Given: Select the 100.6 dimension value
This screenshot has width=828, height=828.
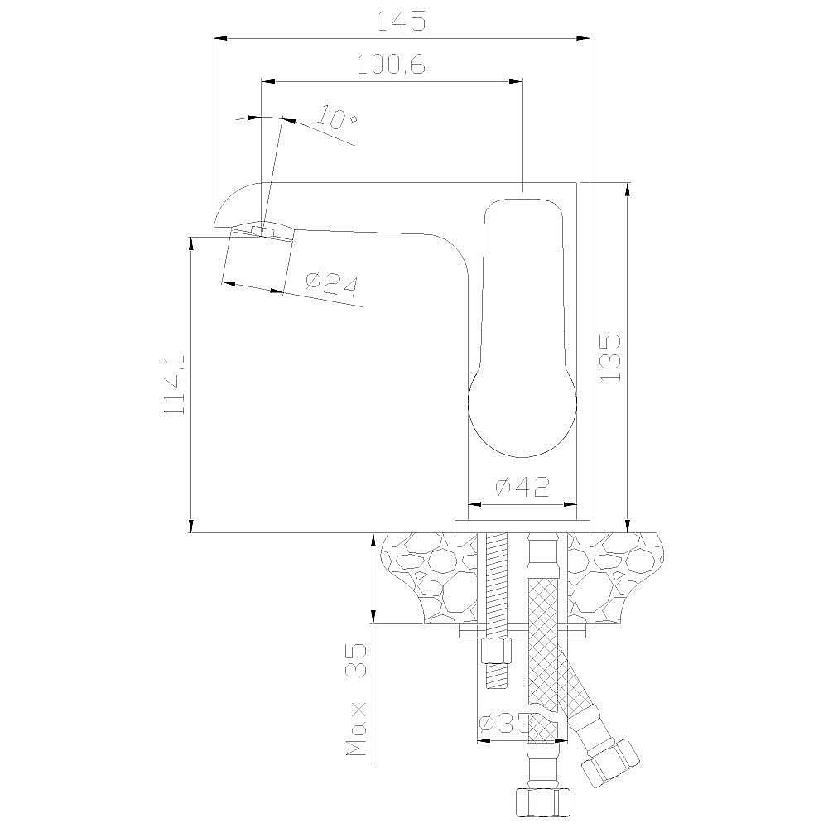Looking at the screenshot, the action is pyautogui.click(x=392, y=65).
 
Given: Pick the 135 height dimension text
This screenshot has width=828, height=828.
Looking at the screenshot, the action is pyautogui.click(x=610, y=357).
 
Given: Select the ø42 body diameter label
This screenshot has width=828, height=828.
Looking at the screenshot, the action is pyautogui.click(x=522, y=486).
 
